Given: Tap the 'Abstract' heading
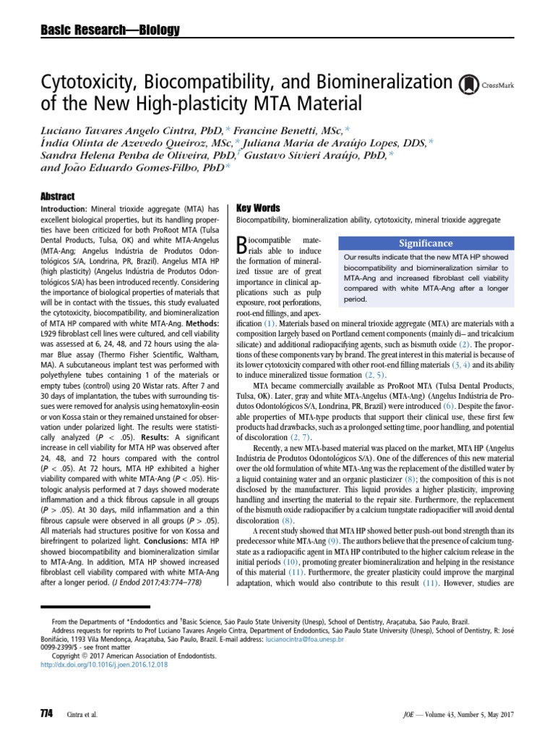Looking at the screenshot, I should click(59, 196).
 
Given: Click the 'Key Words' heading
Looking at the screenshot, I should click(259, 207).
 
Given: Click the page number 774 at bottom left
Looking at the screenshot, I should click(47, 713).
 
